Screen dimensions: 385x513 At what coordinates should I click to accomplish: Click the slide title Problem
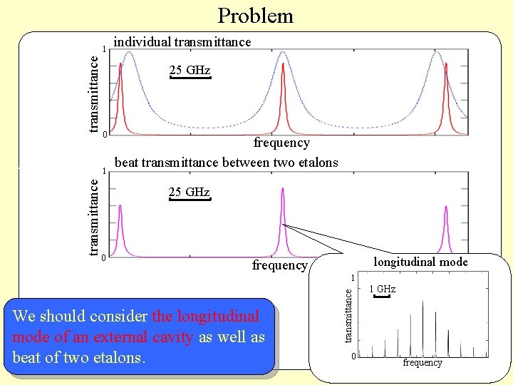pos(255,15)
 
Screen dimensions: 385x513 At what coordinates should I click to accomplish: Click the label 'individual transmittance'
pos(182,42)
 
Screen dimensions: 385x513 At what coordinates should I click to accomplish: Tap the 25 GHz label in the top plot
pos(190,70)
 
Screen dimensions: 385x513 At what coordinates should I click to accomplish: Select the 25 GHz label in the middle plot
pos(189,192)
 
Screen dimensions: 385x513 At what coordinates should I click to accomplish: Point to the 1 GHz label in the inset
pos(383,289)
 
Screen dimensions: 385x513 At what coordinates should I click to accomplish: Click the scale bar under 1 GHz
pos(383,296)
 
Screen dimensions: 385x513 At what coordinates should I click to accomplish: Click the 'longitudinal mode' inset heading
pos(420,262)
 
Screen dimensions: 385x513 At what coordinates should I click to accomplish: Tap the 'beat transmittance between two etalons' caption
pos(227,163)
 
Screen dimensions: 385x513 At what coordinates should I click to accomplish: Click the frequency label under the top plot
pos(281,143)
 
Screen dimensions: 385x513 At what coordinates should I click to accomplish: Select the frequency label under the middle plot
pos(279,265)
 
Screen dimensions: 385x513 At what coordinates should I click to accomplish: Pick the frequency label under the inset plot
pos(423,362)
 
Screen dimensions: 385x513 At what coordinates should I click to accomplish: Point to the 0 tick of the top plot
pos(105,135)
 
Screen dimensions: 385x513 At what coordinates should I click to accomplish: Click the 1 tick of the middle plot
pos(105,171)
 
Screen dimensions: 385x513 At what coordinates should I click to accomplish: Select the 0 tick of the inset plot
pos(352,356)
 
